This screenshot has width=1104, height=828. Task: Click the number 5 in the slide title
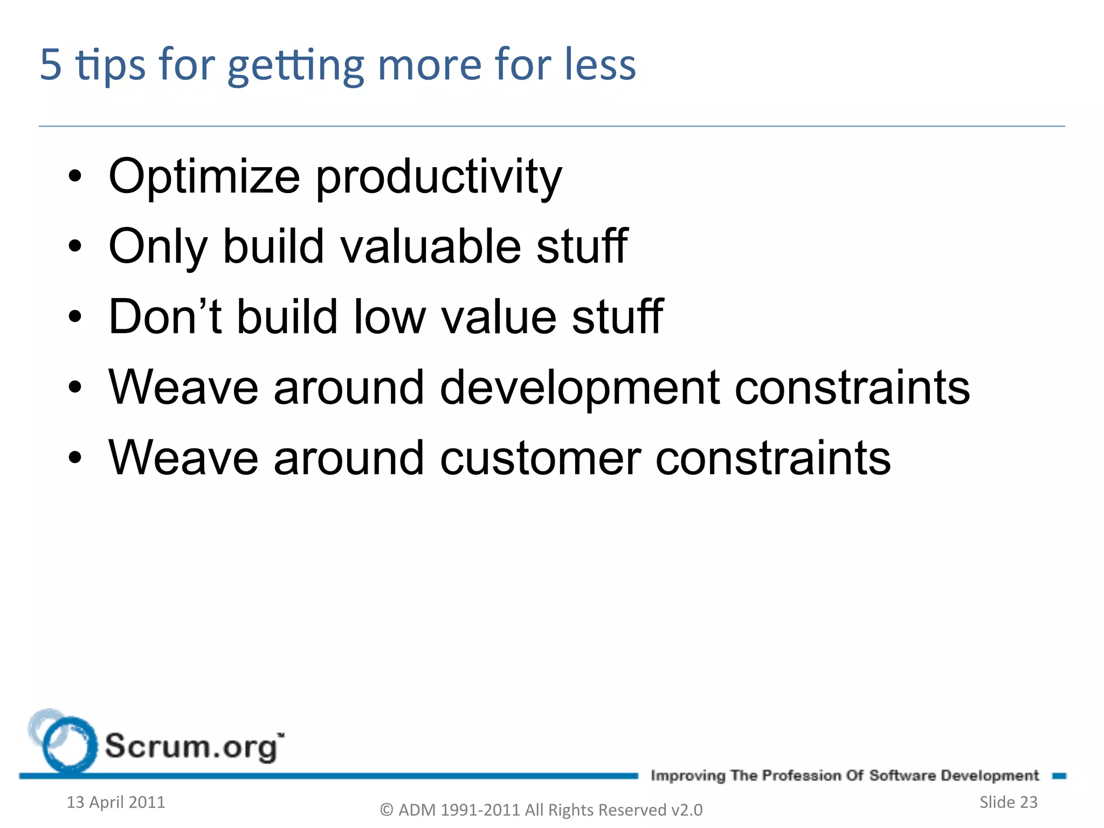pos(51,65)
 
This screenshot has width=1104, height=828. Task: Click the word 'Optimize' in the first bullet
pos(204,177)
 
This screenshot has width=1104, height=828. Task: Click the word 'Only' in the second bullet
pos(158,247)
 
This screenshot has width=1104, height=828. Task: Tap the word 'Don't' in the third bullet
pos(165,316)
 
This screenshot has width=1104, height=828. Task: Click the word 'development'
pos(579,388)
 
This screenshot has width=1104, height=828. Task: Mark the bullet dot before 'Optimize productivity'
pos(75,176)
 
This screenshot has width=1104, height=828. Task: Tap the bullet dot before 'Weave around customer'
pos(75,458)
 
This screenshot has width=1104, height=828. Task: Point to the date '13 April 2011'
pos(115,802)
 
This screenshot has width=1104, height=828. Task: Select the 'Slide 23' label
pos(1008,802)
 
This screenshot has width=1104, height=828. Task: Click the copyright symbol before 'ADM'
pos(387,810)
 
